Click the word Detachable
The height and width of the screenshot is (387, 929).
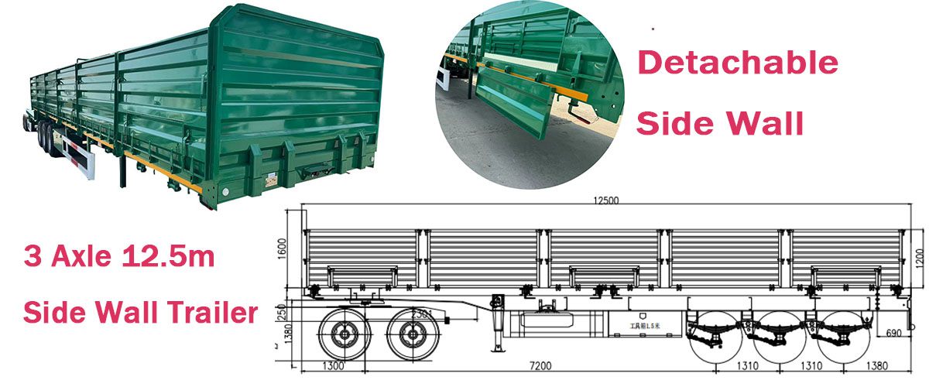click(x=737, y=63)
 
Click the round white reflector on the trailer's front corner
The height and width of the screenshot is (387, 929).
click(x=225, y=190)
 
